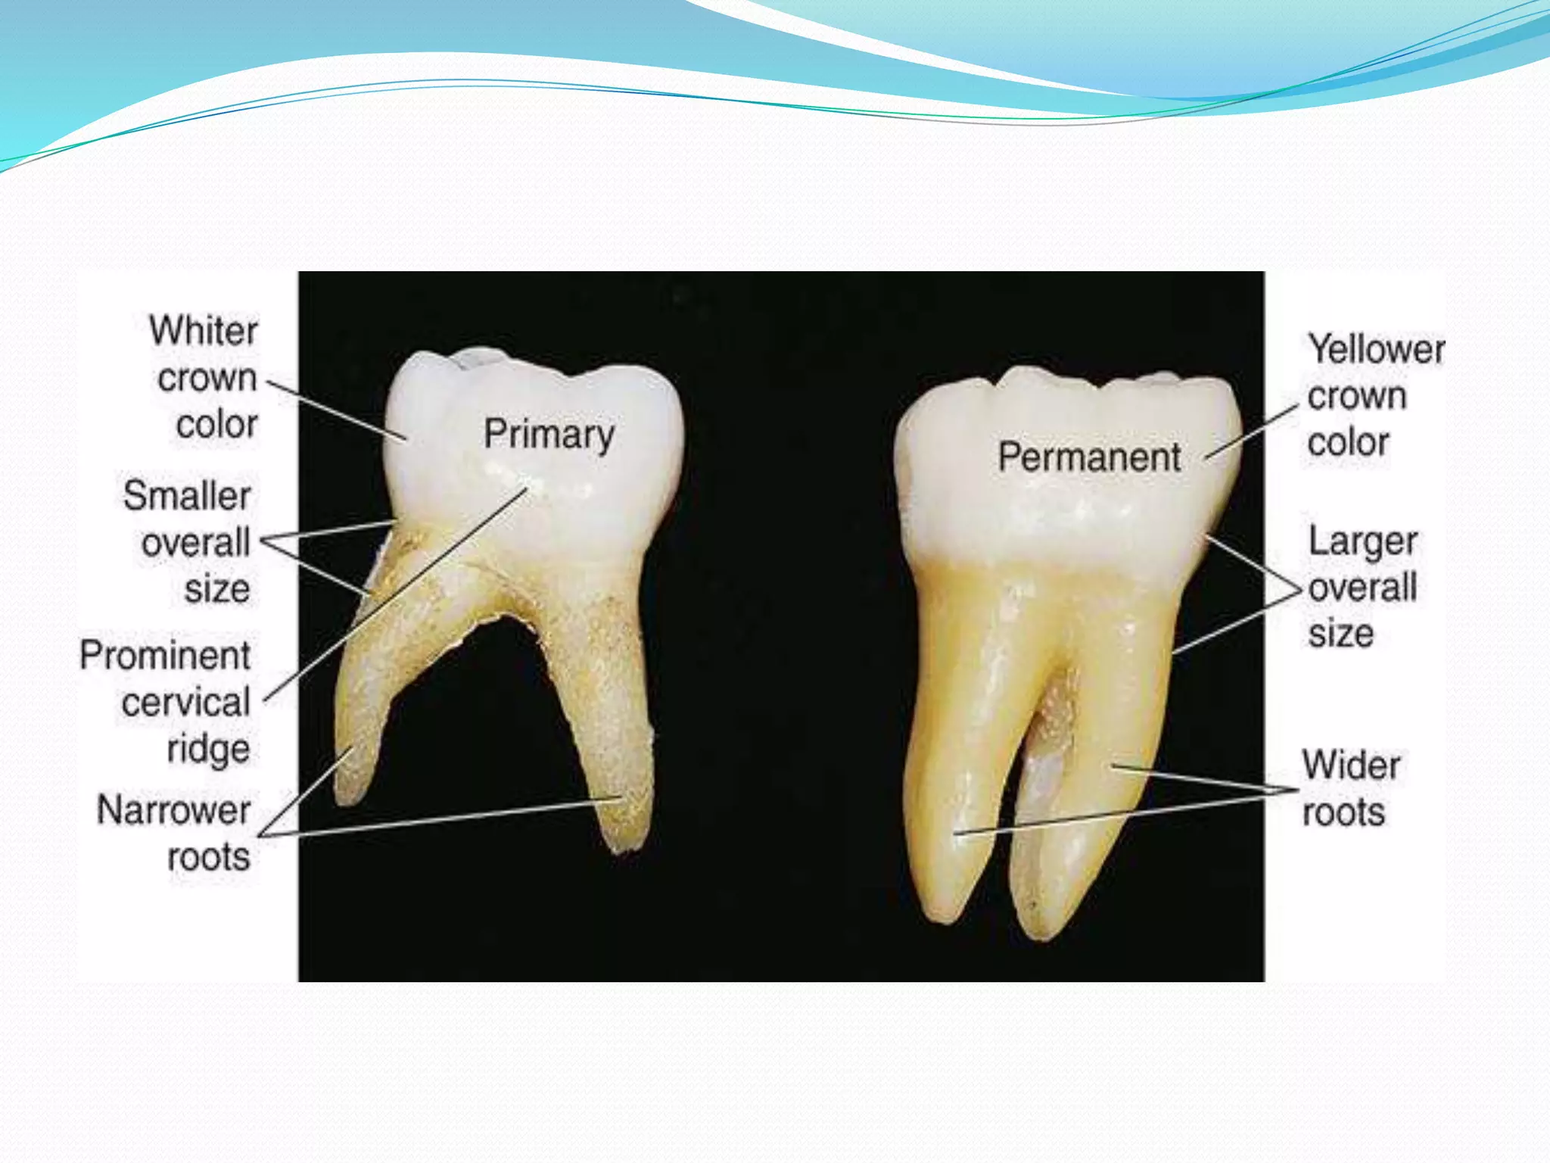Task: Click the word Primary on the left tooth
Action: point(549,435)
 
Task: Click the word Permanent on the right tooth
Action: point(1089,457)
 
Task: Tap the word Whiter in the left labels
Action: point(204,331)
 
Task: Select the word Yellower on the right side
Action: point(1377,350)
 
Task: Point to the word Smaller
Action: point(187,496)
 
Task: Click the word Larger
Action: point(1363,542)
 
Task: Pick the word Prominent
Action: point(165,656)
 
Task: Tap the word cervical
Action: point(185,703)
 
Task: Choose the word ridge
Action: point(208,750)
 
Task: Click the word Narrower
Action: point(174,810)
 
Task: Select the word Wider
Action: point(1351,765)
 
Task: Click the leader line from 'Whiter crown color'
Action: point(337,410)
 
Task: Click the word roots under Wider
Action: point(1343,812)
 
